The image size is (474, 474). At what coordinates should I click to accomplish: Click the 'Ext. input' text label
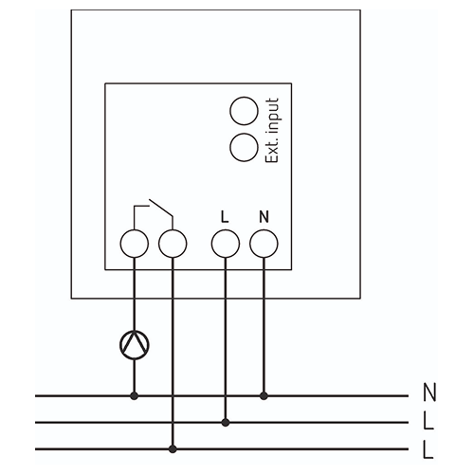[x=272, y=130]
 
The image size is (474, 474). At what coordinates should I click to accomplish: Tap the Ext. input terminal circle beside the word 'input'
[x=244, y=111]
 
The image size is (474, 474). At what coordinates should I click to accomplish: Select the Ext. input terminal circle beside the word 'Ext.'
[x=244, y=147]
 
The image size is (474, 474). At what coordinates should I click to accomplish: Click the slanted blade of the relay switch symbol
[x=161, y=208]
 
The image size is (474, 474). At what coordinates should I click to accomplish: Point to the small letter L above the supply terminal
[x=225, y=217]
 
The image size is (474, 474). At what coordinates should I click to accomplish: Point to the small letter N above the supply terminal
[x=264, y=217]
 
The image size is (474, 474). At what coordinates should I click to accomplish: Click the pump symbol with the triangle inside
[x=135, y=345]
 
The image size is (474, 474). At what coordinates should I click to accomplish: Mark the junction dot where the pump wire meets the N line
[x=135, y=395]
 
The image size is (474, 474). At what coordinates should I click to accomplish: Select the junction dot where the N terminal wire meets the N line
[x=264, y=395]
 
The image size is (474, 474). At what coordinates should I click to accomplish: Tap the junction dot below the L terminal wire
[x=226, y=422]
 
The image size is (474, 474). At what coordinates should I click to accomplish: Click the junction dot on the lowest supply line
[x=173, y=448]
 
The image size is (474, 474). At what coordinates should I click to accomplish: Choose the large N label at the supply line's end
[x=429, y=392]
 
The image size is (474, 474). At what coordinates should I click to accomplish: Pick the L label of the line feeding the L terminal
[x=428, y=421]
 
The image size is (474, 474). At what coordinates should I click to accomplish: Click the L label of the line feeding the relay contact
[x=428, y=449]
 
